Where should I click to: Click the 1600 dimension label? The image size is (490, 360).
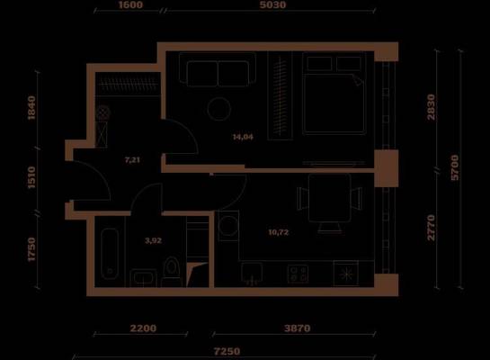point(130,4)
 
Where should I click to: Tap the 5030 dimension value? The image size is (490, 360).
point(272,4)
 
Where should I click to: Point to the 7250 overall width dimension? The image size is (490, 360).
point(227,351)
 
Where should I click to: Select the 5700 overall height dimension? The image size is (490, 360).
point(455,167)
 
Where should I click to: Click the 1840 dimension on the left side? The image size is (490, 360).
point(31,108)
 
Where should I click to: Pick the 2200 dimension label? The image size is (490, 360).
point(143,328)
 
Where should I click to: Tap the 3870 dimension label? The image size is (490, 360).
point(298,328)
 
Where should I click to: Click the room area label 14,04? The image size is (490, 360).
point(243,137)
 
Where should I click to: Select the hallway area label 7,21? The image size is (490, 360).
point(132,160)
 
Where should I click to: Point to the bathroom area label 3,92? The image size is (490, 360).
point(154,240)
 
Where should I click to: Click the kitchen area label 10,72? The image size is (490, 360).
point(279,232)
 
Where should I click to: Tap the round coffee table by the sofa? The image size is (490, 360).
point(219,109)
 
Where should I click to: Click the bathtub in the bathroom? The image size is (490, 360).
point(110,254)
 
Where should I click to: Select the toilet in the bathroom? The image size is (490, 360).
point(171,271)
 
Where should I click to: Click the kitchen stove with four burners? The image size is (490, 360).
point(298,274)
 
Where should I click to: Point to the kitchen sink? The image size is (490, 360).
point(252,274)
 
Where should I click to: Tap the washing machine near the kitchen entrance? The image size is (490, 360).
point(228,226)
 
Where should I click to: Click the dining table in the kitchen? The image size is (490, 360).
point(329,198)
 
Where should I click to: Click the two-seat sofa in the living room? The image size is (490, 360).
point(218,69)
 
